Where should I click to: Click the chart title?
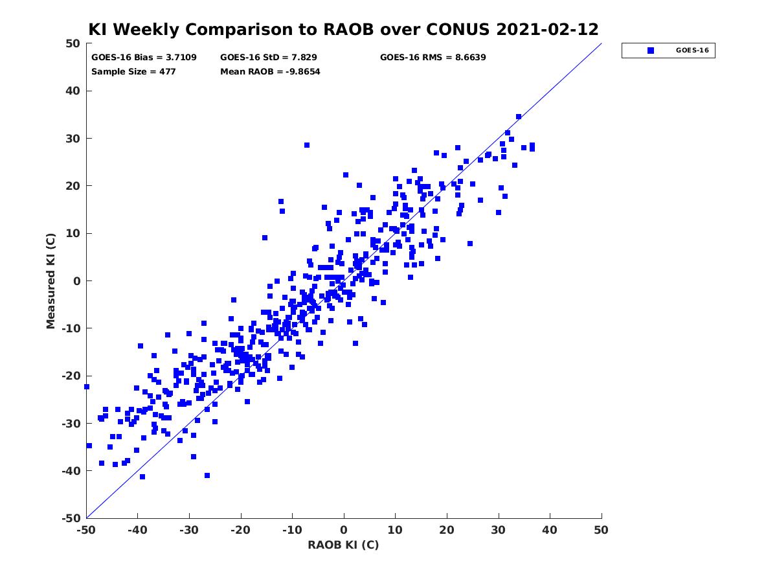pos(343,29)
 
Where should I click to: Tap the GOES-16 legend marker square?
pos(651,51)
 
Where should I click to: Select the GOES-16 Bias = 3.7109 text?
pos(144,58)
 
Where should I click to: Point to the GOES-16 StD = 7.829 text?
pos(268,58)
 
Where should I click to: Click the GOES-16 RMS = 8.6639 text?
pos(433,58)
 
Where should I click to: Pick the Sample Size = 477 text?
pos(133,72)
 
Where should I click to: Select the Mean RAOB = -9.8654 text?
pos(270,72)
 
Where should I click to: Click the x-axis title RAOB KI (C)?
pos(343,545)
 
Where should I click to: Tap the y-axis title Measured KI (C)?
pos(51,280)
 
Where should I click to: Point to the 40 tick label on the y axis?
pos(73,91)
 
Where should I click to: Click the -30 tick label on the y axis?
pos(71,424)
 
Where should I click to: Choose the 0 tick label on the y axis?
pos(77,281)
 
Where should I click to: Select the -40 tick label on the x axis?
pos(137,530)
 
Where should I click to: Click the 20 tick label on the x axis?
pos(447,530)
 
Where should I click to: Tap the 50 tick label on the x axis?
pos(601,530)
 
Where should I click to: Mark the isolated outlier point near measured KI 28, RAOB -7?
pos(307,145)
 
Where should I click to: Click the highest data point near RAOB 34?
pos(519,117)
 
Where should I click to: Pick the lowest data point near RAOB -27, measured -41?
pos(207,475)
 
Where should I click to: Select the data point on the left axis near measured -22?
pos(87,387)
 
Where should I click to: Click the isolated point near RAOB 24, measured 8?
pos(470,244)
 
